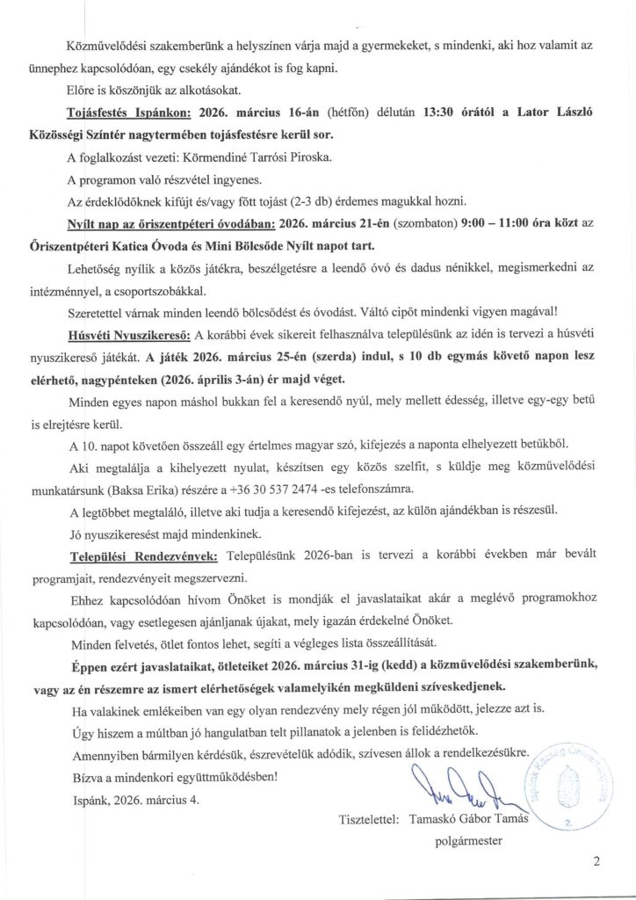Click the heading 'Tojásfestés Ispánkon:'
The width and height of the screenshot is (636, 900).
(134, 113)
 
